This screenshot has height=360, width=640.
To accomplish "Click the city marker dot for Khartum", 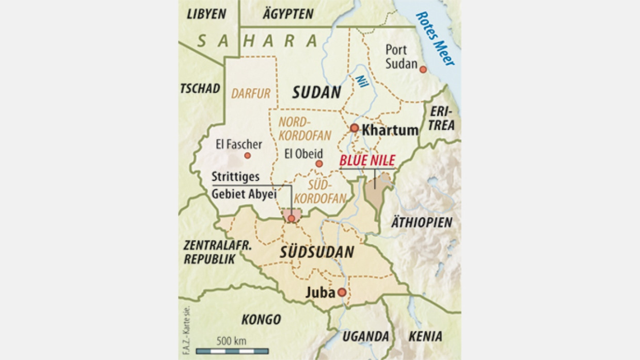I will coord(354,128).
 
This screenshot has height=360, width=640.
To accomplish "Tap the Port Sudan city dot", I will coord(423,69).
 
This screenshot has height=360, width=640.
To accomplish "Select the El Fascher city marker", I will coord(247,155).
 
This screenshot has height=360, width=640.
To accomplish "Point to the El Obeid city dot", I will coord(319,163).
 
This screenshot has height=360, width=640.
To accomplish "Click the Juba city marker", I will coord(342,292).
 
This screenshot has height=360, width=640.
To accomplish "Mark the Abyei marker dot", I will coord(292,218).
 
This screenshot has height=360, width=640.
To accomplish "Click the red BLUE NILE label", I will coord(367,160).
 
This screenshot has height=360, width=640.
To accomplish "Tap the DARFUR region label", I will coord(251,93).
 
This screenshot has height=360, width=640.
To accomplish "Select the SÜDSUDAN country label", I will coord(317,252).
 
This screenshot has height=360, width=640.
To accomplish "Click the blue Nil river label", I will coord(362,80).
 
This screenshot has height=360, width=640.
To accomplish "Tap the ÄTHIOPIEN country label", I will coord(422,222).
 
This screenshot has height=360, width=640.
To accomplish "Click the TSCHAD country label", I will coord(200,88).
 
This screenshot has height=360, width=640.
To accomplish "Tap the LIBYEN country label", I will coord(206,14).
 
